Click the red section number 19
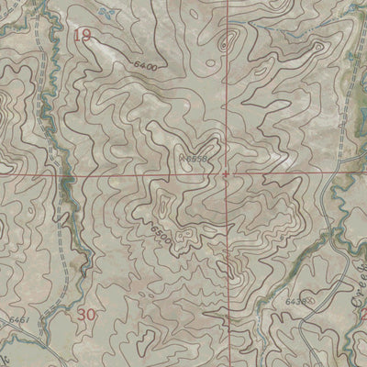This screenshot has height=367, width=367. point(82,36)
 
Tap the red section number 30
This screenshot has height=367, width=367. point(87,314)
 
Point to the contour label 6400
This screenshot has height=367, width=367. point(145,66)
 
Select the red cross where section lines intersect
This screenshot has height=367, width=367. point(226,172)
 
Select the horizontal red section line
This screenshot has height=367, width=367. point(110,172)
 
